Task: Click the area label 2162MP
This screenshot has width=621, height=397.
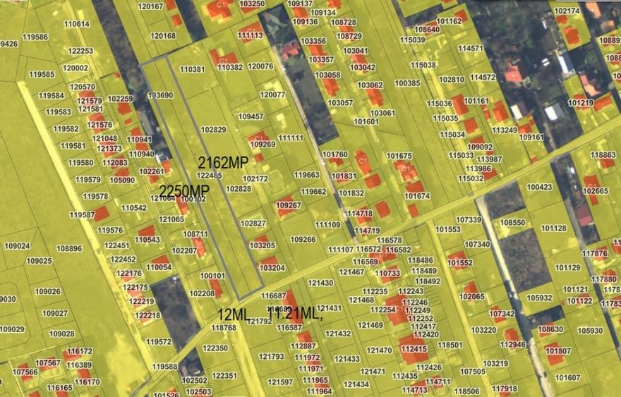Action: click(x=223, y=162)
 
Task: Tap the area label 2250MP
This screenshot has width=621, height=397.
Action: click(x=184, y=191)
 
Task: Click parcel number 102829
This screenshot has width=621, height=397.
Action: click(x=213, y=130)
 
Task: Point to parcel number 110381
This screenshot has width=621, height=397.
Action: click(x=192, y=69)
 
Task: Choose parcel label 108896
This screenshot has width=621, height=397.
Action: click(x=69, y=249)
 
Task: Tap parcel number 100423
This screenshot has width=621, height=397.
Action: click(x=539, y=188)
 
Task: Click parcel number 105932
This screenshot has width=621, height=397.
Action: click(x=539, y=298)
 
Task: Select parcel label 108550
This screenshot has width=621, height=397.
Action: click(x=512, y=223)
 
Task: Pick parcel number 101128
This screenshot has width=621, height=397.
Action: click(x=554, y=228)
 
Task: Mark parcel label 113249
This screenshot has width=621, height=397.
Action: click(x=505, y=130)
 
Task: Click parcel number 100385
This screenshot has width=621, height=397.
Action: click(x=407, y=83)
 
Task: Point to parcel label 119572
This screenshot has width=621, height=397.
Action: click(x=159, y=342)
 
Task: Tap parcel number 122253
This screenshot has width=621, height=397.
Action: click(x=80, y=51)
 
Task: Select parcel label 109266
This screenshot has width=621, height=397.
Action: click(x=303, y=240)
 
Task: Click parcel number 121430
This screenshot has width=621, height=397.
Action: click(x=320, y=283)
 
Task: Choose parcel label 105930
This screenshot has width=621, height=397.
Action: click(x=590, y=330)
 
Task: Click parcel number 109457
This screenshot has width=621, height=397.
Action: click(x=251, y=116)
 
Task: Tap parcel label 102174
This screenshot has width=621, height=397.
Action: click(x=567, y=11)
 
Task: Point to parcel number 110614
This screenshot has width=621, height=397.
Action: click(x=77, y=24)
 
